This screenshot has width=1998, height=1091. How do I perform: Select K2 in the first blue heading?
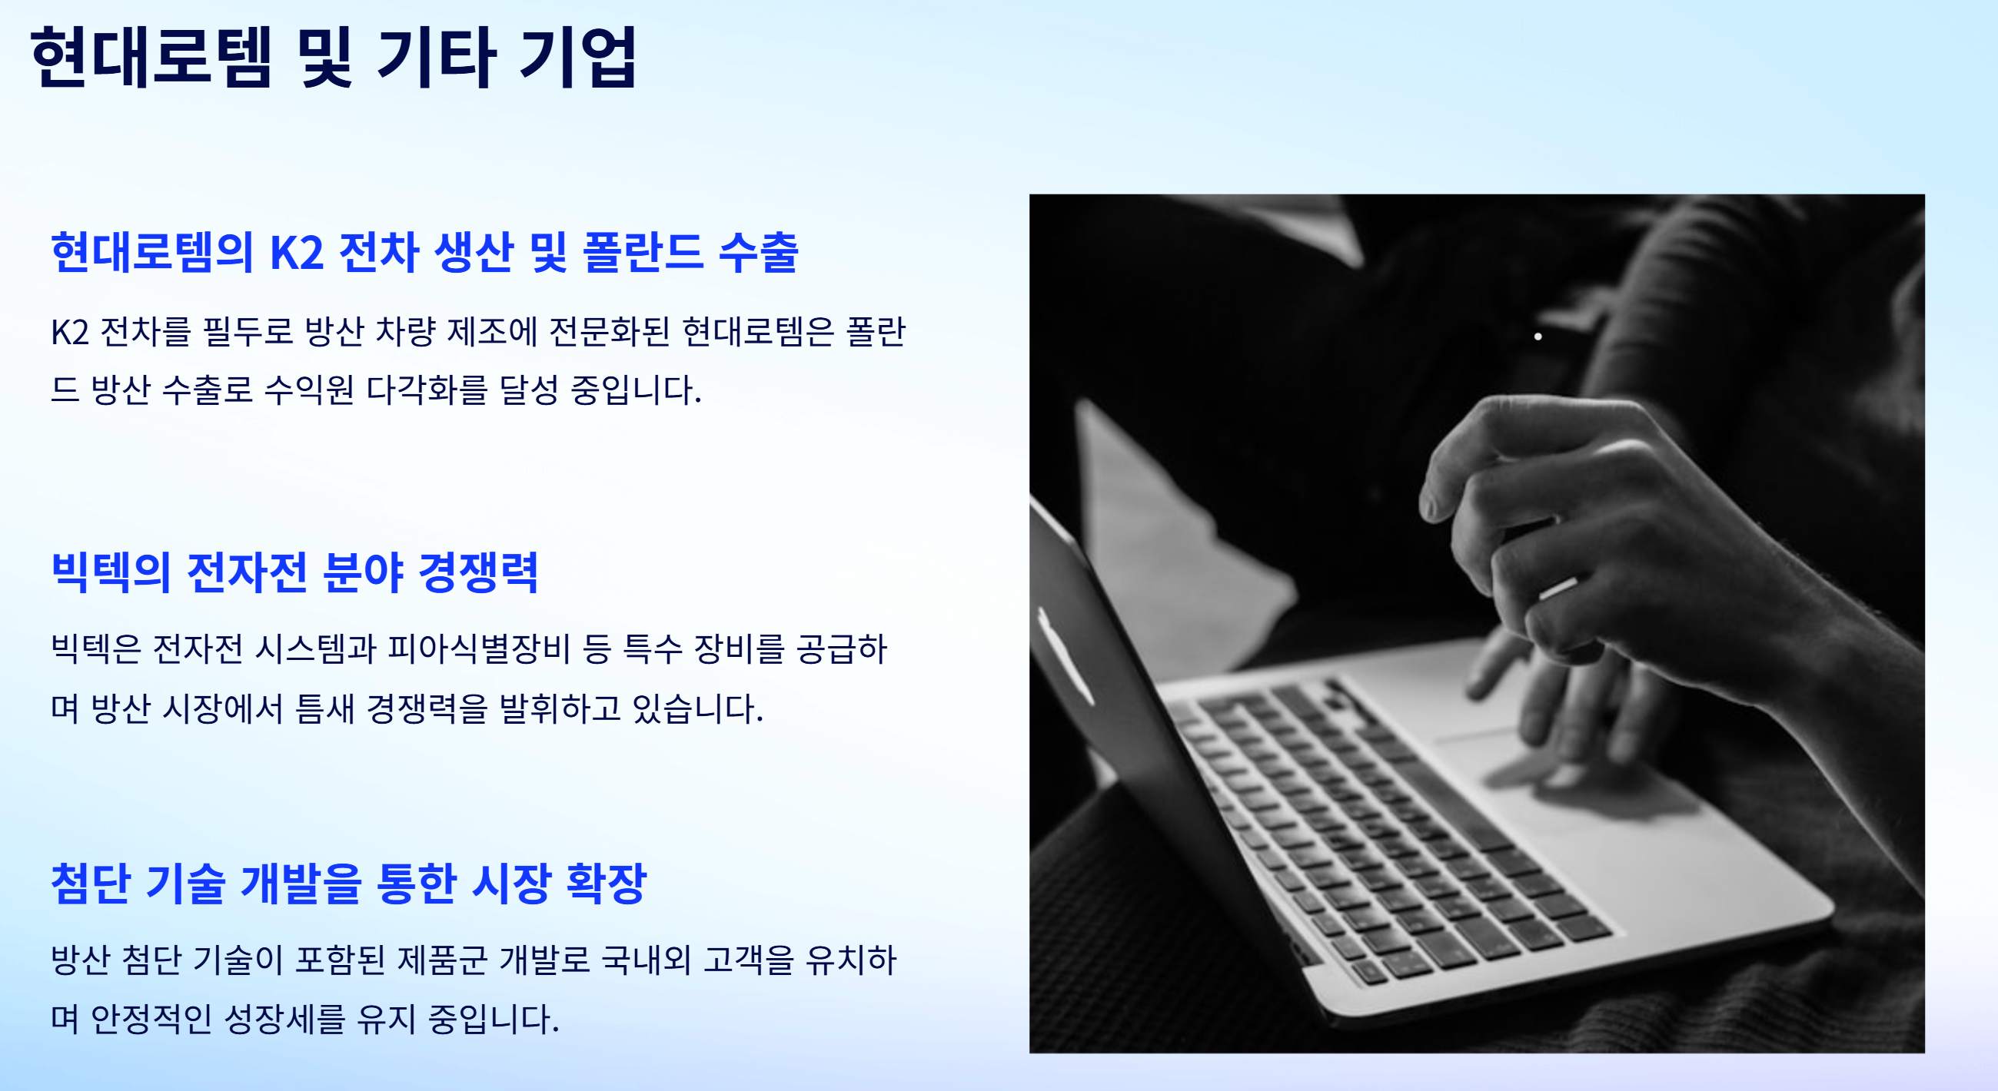pyautogui.click(x=296, y=252)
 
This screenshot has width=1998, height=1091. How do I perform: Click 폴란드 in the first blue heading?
pyautogui.click(x=642, y=252)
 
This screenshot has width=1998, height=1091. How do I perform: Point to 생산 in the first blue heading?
pyautogui.click(x=473, y=252)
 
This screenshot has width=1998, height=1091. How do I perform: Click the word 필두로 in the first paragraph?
pyautogui.click(x=248, y=332)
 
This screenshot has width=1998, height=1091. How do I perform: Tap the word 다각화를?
pyautogui.click(x=427, y=390)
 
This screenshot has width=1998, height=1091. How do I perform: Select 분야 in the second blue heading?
pyautogui.click(x=363, y=572)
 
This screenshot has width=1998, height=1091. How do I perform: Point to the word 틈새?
pyautogui.click(x=324, y=708)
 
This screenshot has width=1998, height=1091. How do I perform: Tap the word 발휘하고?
pyautogui.click(x=559, y=708)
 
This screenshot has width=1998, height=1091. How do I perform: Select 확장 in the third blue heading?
pyautogui.click(x=607, y=884)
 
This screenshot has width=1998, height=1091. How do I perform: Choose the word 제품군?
pyautogui.click(x=442, y=960)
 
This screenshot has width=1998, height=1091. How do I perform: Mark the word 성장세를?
pyautogui.click(x=284, y=1019)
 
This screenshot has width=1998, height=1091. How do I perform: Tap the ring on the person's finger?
pyautogui.click(x=1558, y=588)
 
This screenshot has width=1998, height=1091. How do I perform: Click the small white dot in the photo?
pyautogui.click(x=1538, y=337)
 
